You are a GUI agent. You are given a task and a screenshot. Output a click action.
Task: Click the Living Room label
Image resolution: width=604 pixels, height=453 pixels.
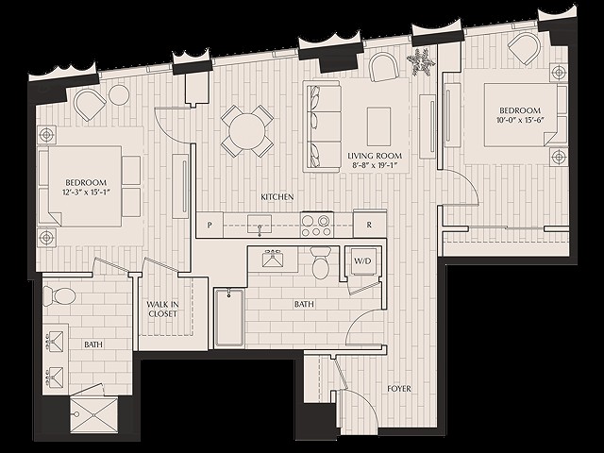click(x=375, y=156)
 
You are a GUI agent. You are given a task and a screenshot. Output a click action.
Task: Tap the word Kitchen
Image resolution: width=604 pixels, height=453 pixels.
click(x=277, y=196)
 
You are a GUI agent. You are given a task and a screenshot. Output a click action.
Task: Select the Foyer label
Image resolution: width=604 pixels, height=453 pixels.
click(x=399, y=388)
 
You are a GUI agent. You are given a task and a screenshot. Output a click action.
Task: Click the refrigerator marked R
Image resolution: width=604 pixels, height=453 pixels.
click(x=369, y=225)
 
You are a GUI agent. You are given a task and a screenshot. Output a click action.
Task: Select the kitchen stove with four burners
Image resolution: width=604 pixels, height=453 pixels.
click(x=315, y=225)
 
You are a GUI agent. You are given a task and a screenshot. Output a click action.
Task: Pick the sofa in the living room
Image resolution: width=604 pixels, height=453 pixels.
click(x=322, y=126)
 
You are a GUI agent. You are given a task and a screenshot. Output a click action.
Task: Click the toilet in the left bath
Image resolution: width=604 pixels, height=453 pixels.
click(x=61, y=294)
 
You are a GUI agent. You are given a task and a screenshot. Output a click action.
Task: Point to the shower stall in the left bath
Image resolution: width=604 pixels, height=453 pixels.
click(x=92, y=412)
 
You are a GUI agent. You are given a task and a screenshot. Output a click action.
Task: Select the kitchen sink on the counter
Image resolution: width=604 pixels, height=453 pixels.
click(x=259, y=225)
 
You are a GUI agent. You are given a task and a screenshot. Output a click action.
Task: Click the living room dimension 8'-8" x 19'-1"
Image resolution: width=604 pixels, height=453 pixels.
click(x=375, y=166)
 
